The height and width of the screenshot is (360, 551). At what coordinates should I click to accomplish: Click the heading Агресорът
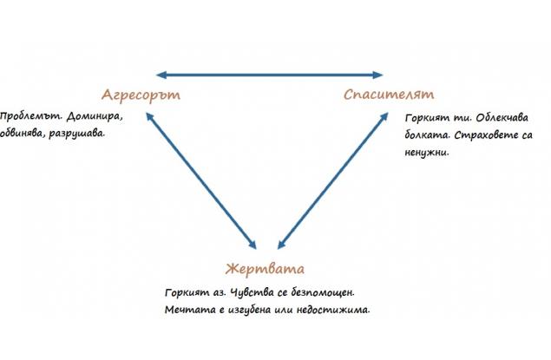[x=141, y=95]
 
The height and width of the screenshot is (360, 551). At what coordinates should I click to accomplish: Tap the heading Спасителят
[x=389, y=95]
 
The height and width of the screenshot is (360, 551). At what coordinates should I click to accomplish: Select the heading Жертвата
[x=265, y=269]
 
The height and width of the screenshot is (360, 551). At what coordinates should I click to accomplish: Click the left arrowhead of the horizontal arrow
[x=161, y=75]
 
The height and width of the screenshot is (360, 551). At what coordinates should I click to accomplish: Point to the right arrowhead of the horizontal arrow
[x=377, y=75]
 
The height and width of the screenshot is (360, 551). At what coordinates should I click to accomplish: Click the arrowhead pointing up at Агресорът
[x=149, y=116]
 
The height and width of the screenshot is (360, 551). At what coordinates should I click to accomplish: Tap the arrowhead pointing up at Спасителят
[x=384, y=116]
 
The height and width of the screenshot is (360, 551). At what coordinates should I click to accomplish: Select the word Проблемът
[x=30, y=116]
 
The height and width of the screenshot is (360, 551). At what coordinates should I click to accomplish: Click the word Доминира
[x=95, y=116]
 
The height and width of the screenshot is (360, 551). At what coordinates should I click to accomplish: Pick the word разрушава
[x=77, y=134]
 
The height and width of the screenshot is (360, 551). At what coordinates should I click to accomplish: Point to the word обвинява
[x=23, y=134]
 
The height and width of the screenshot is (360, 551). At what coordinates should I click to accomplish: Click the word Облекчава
[x=502, y=118]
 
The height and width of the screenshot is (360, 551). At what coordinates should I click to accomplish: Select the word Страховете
[x=486, y=135]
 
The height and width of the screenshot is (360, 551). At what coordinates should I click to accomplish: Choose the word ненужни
[x=427, y=154]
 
